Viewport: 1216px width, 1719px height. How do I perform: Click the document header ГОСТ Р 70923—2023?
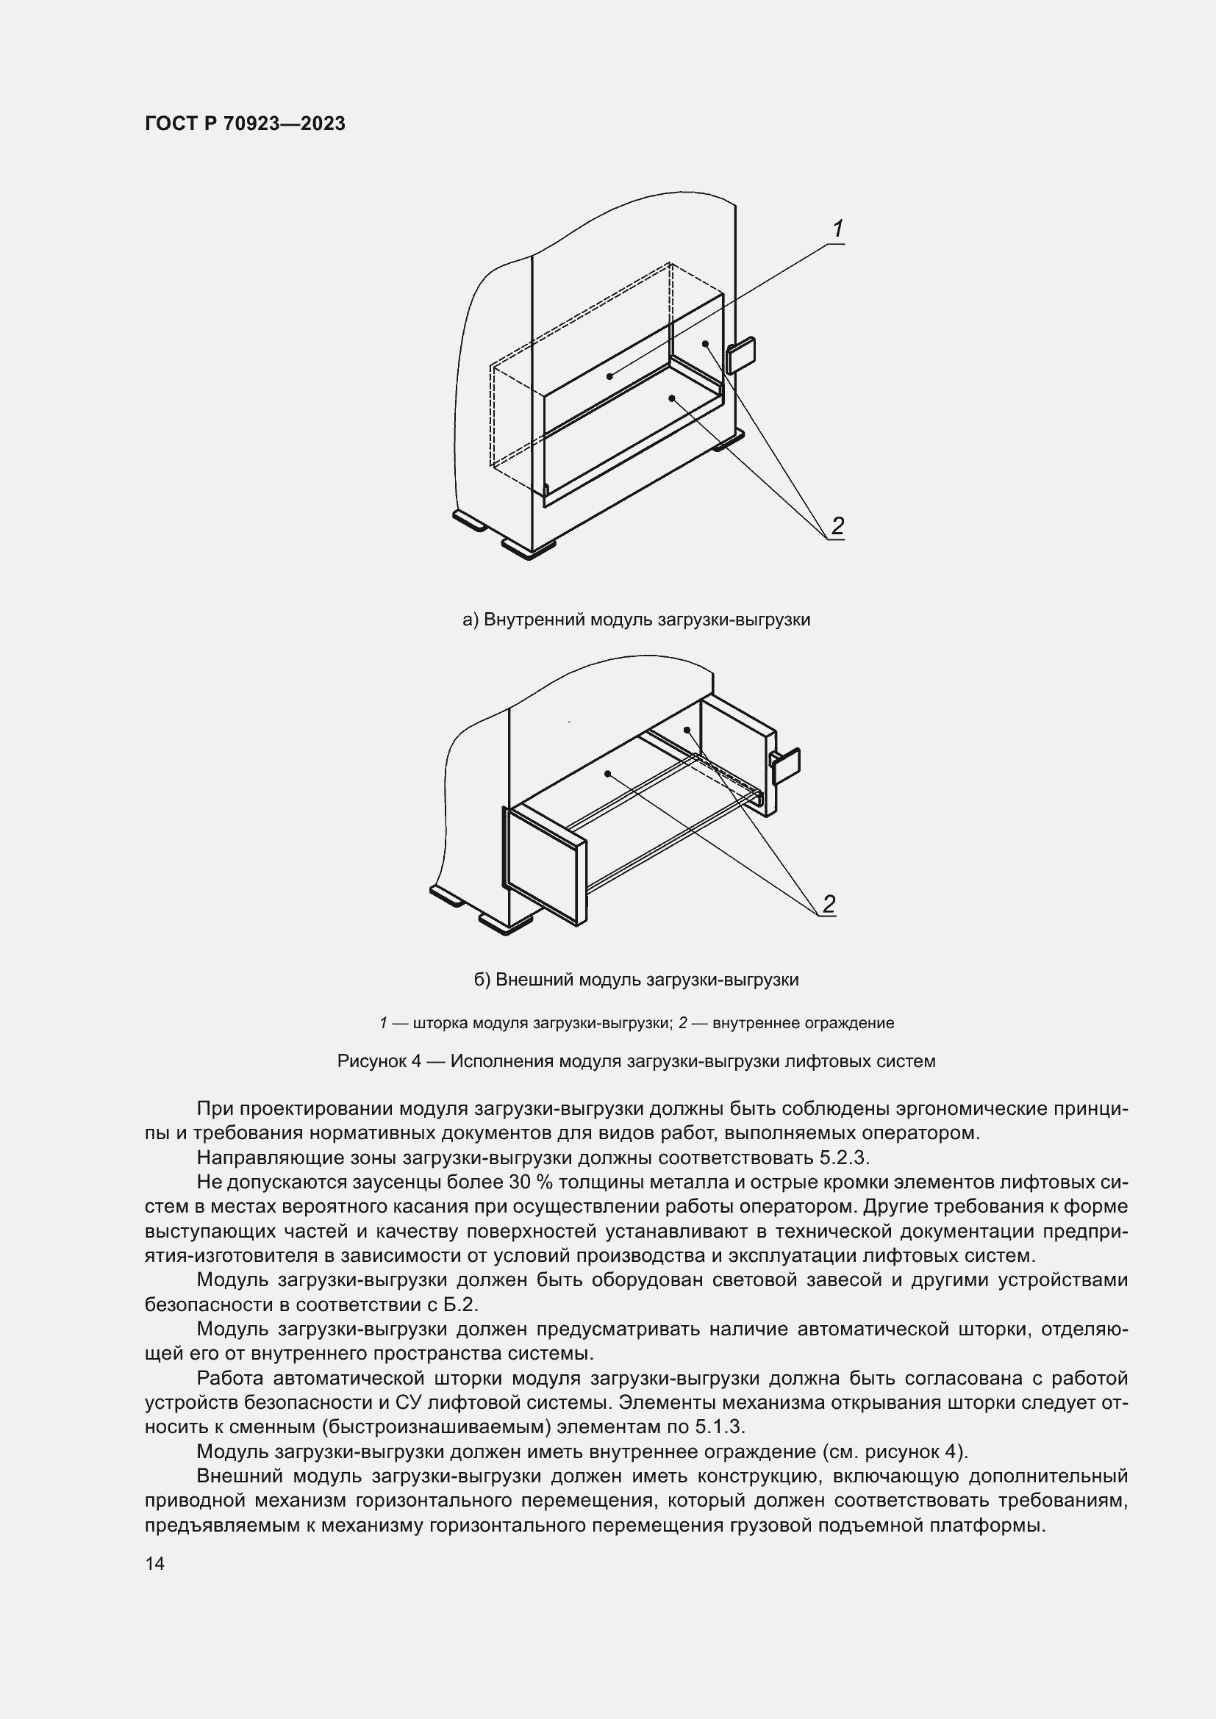(x=245, y=124)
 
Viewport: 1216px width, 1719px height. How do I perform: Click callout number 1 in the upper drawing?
(x=838, y=229)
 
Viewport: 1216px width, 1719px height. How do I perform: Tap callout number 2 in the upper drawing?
(x=837, y=526)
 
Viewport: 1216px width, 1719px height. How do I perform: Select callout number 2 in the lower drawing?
(x=828, y=905)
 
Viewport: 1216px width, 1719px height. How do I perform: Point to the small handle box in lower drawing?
(x=786, y=766)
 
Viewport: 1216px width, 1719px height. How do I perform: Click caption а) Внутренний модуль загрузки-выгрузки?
(x=636, y=620)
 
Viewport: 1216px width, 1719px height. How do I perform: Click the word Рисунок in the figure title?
(x=371, y=1061)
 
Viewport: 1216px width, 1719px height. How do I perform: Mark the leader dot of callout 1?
(x=609, y=376)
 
